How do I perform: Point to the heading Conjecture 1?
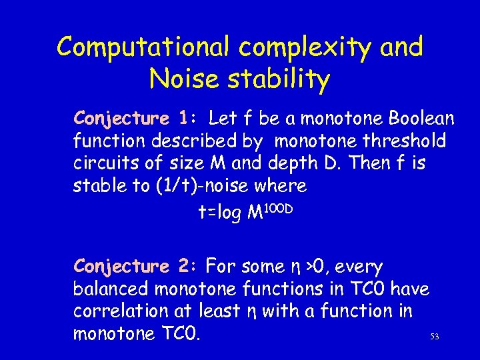[x=133, y=119]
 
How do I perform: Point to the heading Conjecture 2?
[x=133, y=267]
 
